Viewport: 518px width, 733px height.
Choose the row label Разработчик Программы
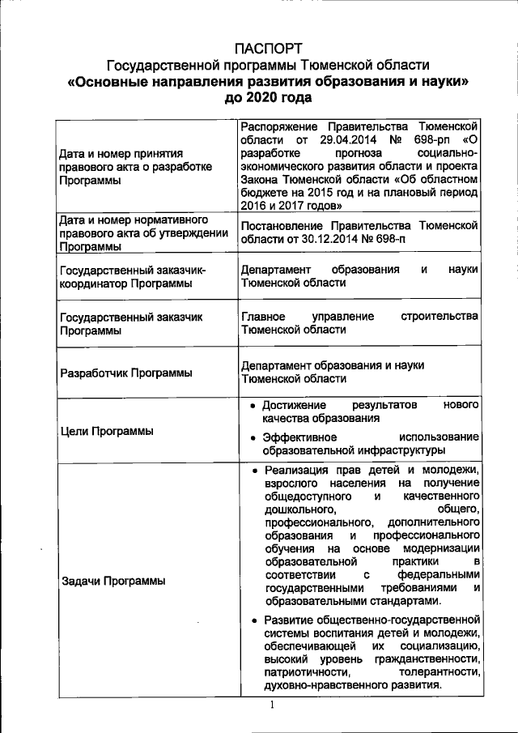tap(125, 372)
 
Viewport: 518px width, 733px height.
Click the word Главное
tap(264, 315)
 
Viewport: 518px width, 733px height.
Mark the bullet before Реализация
tap(253, 471)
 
